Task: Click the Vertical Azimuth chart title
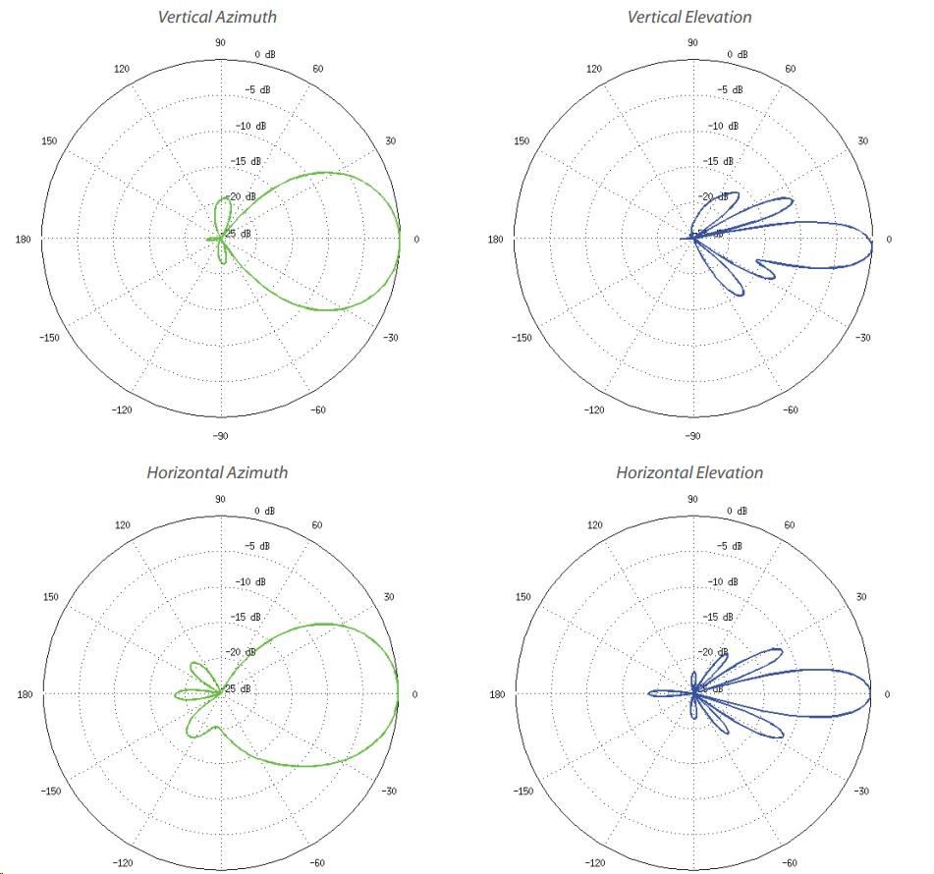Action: coord(217,17)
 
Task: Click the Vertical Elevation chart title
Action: coord(688,17)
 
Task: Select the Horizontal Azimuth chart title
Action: coord(217,472)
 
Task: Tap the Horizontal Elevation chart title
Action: coord(688,472)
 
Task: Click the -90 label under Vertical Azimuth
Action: coord(220,435)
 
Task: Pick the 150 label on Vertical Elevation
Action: coord(522,141)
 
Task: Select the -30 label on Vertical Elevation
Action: coord(863,338)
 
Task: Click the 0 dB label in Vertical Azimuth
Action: coord(265,54)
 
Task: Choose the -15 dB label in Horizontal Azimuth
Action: coord(250,617)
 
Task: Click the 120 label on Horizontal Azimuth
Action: coord(122,525)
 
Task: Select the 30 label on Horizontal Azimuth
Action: coord(390,597)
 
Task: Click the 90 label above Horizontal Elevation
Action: coord(691,499)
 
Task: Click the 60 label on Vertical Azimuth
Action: coord(319,69)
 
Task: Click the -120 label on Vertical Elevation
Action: coord(594,410)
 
